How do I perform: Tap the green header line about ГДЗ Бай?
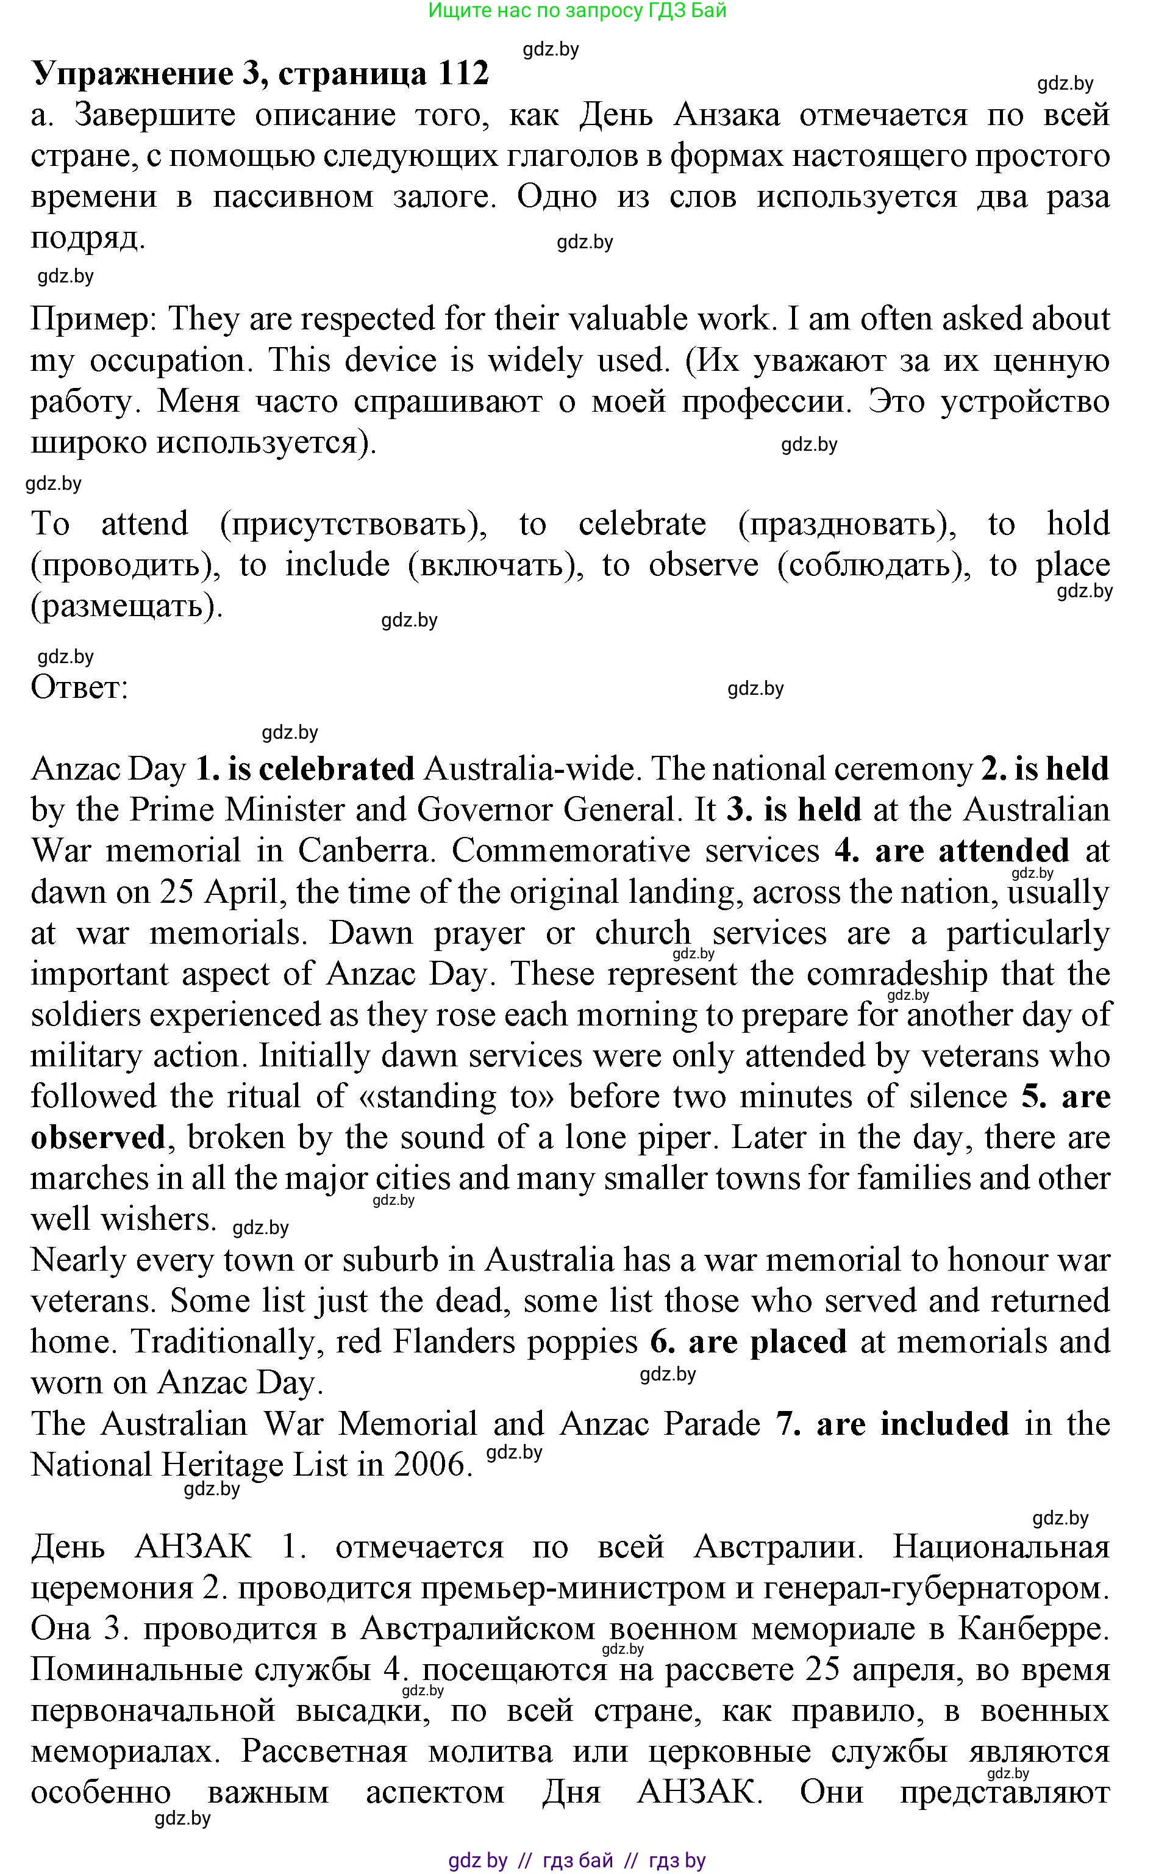click(x=577, y=11)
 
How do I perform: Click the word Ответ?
click(x=79, y=687)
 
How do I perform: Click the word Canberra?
click(x=365, y=850)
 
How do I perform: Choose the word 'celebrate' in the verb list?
click(x=642, y=524)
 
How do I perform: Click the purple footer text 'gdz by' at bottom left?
click(x=478, y=1860)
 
